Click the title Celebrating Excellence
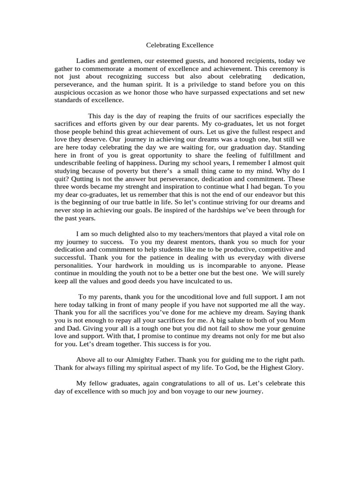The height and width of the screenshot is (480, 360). (x=180, y=45)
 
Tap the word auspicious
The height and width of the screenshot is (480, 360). (x=71, y=92)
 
